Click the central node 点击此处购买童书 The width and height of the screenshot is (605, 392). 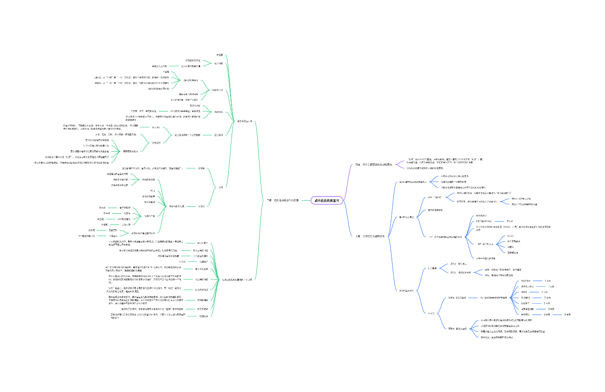(327, 200)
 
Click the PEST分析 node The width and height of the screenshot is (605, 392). (526, 281)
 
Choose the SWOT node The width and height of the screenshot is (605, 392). (524, 292)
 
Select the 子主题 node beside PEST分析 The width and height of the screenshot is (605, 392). (548, 281)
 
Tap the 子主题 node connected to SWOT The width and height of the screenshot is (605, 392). (544, 292)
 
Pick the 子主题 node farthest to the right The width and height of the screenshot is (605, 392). (568, 315)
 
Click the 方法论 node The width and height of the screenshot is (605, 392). (431, 313)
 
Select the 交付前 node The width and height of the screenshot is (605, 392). (201, 168)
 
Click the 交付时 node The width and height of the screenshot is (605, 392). (201, 206)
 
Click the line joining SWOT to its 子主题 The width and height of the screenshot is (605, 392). (535, 292)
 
